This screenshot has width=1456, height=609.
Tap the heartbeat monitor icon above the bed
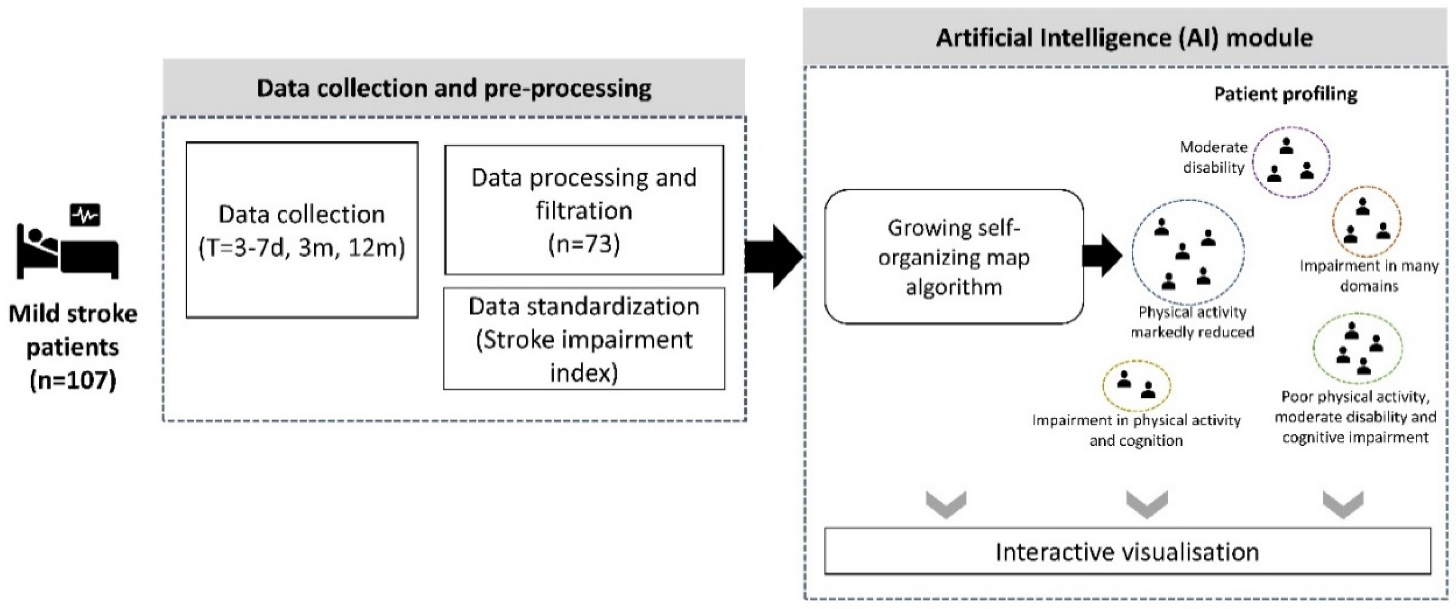[x=85, y=215]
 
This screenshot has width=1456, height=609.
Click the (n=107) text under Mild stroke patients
[x=72, y=379]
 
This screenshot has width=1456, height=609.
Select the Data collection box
[x=302, y=230]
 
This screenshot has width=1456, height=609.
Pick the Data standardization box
[x=584, y=339]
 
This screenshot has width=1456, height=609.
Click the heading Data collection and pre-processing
[x=454, y=88]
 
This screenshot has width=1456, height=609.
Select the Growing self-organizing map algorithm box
[x=954, y=257]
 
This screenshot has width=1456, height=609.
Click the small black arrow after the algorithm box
[x=1101, y=255]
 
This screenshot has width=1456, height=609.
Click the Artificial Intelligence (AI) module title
[x=1124, y=38]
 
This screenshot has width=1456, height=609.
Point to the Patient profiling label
[x=1286, y=94]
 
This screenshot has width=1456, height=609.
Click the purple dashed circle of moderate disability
[x=1291, y=162]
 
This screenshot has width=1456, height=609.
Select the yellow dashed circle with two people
[x=1136, y=385]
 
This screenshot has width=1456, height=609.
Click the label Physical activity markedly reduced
[x=1192, y=322]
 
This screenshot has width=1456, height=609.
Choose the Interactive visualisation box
[x=1127, y=552]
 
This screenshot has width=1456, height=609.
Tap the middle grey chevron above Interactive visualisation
[x=1147, y=503]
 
